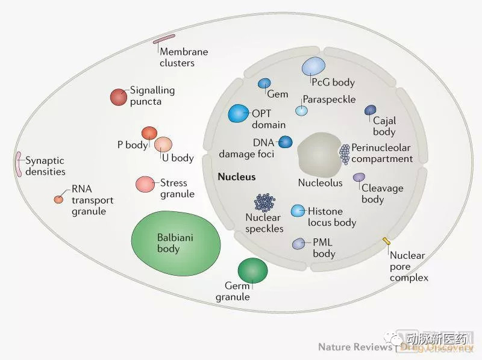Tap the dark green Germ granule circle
click(252, 269)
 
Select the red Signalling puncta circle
click(119, 96)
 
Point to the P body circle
click(149, 133)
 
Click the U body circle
click(163, 144)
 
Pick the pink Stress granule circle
click(145, 184)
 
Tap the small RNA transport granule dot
click(58, 199)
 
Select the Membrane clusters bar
click(164, 39)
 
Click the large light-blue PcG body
click(313, 66)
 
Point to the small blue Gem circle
click(264, 84)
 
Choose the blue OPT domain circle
click(239, 113)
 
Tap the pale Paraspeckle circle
click(301, 110)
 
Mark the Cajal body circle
click(371, 110)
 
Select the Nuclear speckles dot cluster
click(264, 203)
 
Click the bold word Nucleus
click(237, 177)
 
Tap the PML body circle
click(299, 244)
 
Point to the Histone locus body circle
click(298, 211)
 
